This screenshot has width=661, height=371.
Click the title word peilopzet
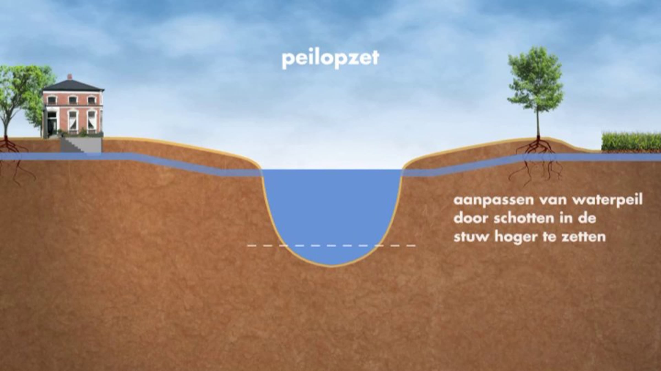coord(330,59)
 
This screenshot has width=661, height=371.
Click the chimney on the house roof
coord(70,77)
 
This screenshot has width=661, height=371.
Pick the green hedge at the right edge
coord(631,141)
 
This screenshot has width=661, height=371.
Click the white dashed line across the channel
coord(330,245)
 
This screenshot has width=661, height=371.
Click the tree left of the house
coord(17,94)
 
